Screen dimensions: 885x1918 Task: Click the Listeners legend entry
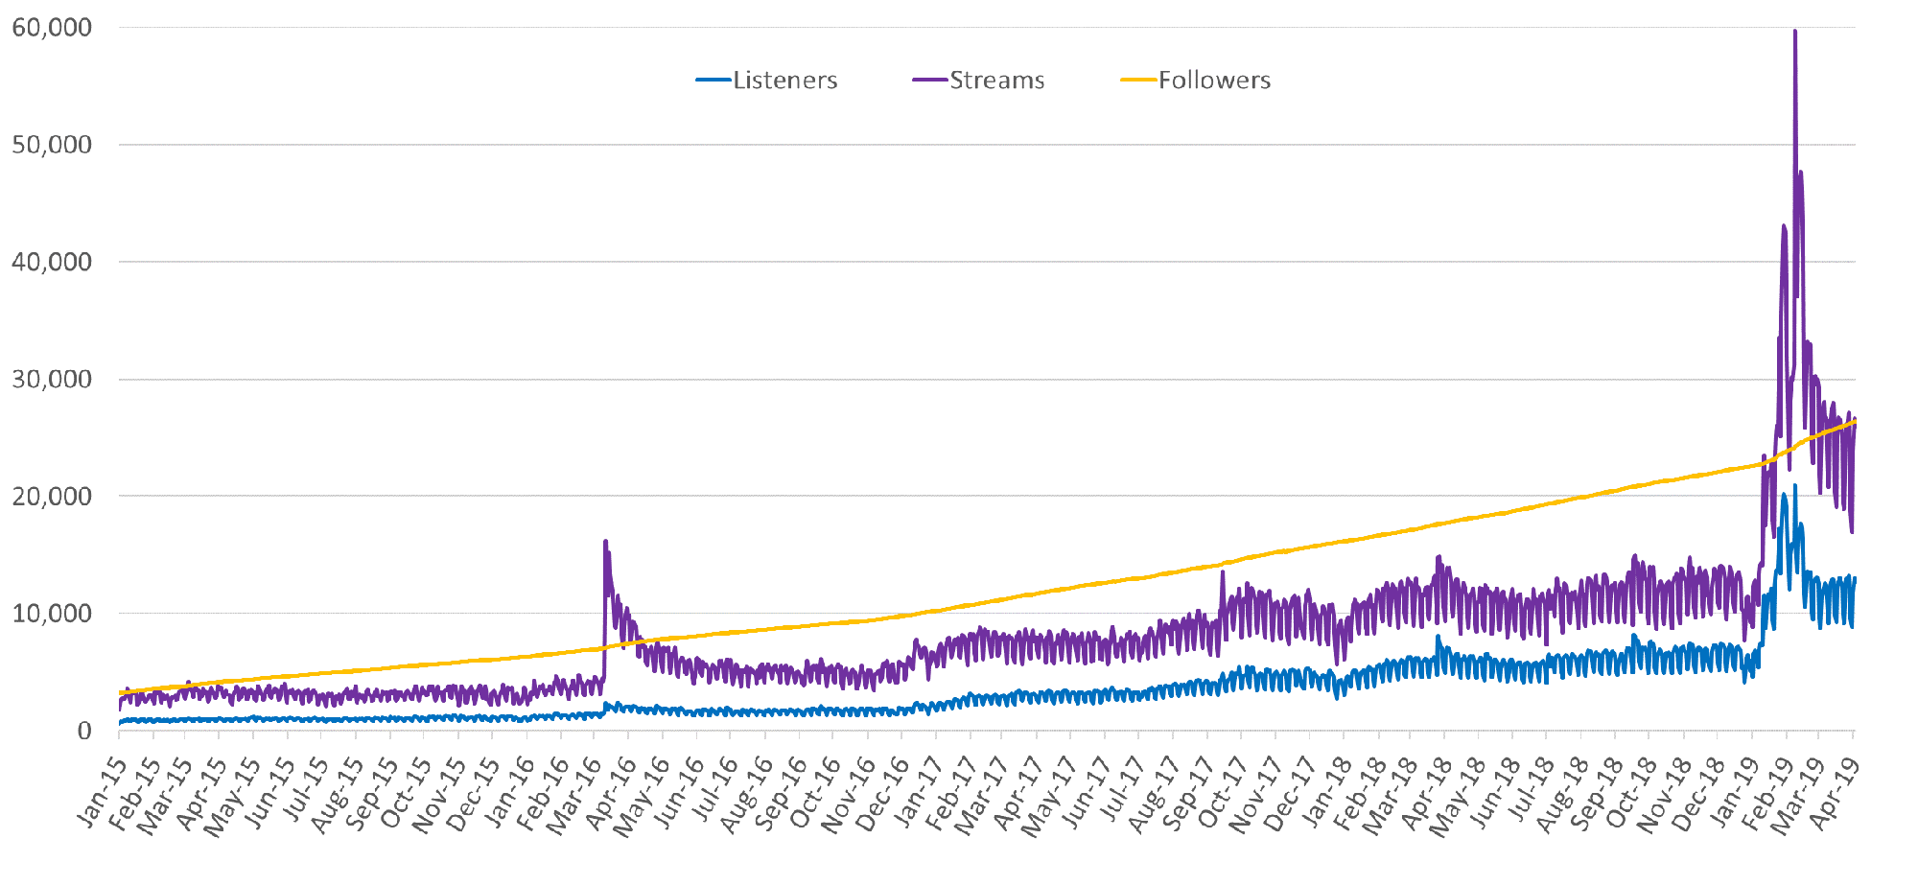tap(784, 81)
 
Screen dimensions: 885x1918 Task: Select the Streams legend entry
tap(996, 81)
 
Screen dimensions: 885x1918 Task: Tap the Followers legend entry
tap(1214, 81)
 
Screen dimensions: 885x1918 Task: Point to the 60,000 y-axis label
tap(52, 28)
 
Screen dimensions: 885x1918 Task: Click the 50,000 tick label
tap(52, 145)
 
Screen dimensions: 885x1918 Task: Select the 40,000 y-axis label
tap(52, 262)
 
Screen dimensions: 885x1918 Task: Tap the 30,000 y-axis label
tap(52, 379)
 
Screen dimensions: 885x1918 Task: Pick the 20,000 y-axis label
tap(52, 497)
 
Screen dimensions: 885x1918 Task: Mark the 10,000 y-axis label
tap(52, 614)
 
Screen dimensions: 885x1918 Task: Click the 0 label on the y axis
tap(84, 731)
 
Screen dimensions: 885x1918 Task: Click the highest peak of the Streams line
tap(1794, 32)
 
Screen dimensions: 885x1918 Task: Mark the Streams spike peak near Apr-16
tap(605, 542)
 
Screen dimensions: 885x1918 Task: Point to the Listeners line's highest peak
tap(1794, 486)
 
